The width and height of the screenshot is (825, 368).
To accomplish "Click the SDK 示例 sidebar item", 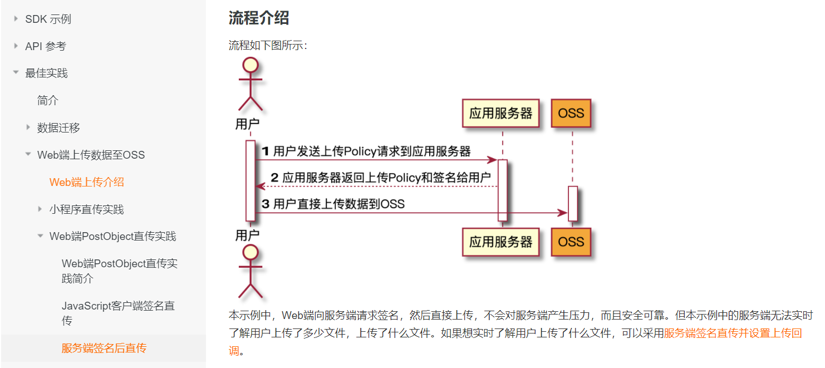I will coord(48,19).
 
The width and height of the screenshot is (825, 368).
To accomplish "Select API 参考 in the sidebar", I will coord(46,46).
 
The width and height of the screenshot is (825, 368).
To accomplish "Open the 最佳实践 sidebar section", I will coord(46,73).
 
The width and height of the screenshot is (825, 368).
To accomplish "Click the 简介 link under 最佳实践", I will coord(48,100).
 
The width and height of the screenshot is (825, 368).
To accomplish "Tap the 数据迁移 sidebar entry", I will coord(58,127).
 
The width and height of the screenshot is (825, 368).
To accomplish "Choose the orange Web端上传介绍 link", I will coord(86,182).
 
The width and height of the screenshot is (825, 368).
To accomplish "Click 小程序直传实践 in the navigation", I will coord(86,209).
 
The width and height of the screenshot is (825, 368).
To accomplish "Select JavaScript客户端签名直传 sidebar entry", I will coord(118,313).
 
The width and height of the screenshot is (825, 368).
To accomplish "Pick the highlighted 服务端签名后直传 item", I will coord(104,349).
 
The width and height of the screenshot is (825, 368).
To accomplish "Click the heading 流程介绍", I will coord(258,18).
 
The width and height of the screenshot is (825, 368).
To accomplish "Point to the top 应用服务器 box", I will coord(500,114).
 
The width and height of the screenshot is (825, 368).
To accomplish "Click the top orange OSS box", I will coord(571,114).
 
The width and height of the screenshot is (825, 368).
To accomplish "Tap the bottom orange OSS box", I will coord(571,242).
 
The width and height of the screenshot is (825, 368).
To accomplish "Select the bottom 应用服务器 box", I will coord(500,242).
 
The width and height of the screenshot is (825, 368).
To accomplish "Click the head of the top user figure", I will coord(251,65).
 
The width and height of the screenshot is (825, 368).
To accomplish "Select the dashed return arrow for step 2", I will coord(376,186).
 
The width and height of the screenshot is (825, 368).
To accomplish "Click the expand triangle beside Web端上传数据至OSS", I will coord(28,155).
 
